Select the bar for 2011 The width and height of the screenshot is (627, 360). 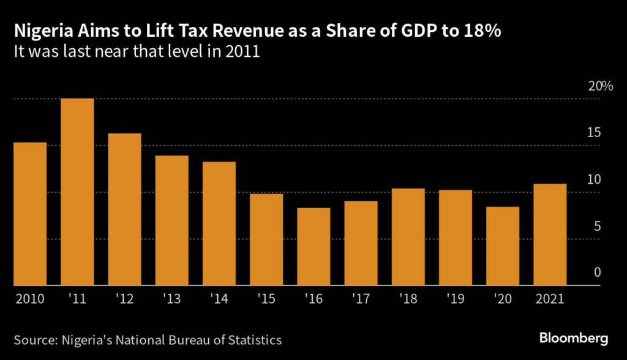77,192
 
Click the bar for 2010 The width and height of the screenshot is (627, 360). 30,214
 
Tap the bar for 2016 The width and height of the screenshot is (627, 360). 313,247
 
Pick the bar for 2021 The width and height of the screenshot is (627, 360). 550,234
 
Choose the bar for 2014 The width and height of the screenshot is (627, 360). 219,223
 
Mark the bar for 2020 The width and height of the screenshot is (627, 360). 503,246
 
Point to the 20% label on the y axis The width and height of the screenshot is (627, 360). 600,86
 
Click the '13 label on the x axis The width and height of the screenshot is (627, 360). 171,300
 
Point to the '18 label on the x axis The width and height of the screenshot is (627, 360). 408,300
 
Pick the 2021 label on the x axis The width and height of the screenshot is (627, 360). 549,300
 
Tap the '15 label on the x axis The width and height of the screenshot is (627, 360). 266,300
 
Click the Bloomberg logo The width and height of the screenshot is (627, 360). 574,338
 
